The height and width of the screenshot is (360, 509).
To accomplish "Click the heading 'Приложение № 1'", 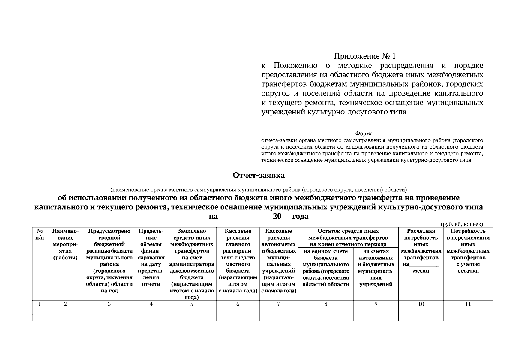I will tap(365, 56).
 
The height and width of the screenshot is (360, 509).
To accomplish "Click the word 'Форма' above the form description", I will tap(364, 133).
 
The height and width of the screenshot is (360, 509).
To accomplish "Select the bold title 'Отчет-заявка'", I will tap(259, 175).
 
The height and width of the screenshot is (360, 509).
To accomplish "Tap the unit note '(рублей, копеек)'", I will tap(462, 224).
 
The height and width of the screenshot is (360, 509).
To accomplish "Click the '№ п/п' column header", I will tap(40, 235).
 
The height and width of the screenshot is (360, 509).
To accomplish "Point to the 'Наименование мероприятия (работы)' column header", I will tap(65, 244).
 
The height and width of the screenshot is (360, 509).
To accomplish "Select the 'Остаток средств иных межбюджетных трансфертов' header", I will tap(348, 238).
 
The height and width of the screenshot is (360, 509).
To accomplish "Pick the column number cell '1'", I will tap(40, 304).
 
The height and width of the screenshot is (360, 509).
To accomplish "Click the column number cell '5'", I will tap(192, 304).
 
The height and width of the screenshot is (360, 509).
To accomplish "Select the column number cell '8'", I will tap(326, 304).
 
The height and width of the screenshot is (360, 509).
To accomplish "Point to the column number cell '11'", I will tap(468, 304).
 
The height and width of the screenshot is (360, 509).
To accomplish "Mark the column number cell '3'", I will tap(109, 304).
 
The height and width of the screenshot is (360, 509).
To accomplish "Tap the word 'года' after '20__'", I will tap(300, 217).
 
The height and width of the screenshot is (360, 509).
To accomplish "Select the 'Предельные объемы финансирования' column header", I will tap(151, 257).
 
